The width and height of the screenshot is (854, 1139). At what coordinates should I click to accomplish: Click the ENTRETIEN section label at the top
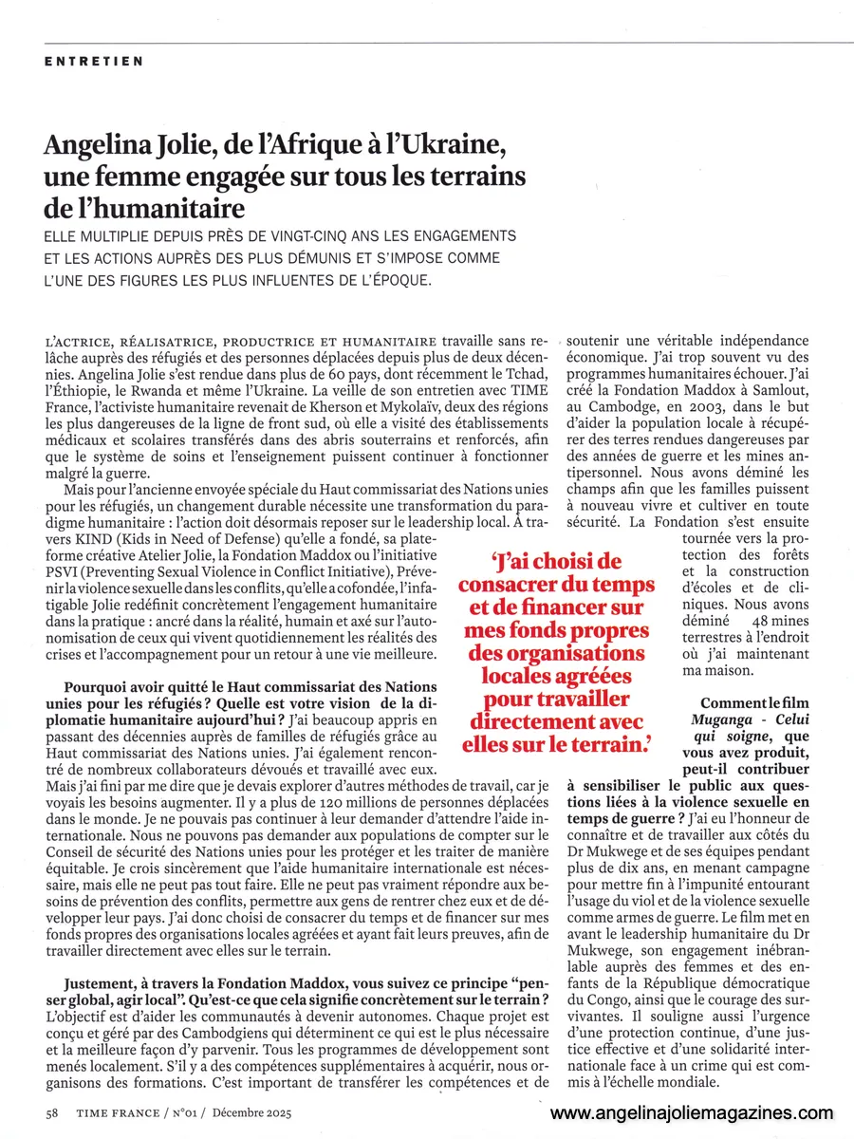94,62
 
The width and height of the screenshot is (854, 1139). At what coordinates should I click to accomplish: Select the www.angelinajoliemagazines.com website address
692,1113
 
